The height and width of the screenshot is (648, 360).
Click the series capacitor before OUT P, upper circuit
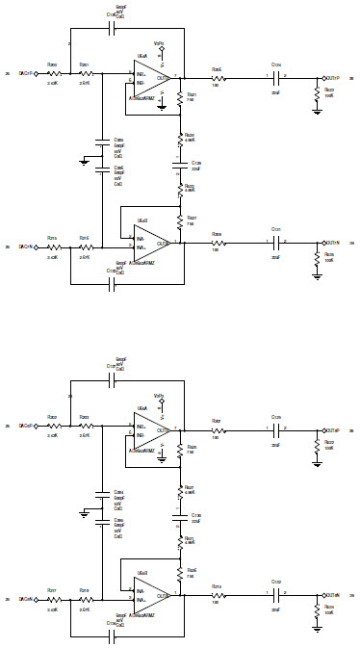point(276,78)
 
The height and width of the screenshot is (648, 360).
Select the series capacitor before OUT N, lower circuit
point(276,594)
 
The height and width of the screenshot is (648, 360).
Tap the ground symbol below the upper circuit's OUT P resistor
point(317,111)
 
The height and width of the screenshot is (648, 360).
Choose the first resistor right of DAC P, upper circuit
point(54,73)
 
